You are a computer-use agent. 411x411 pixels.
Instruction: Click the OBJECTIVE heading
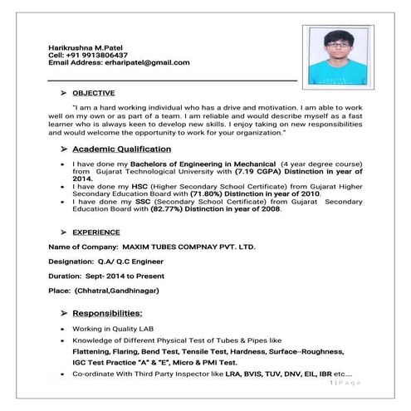93,93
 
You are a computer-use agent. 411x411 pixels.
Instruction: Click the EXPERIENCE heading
95,232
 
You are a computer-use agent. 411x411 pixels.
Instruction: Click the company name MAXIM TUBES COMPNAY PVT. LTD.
188,247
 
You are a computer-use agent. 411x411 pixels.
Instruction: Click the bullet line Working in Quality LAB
109,330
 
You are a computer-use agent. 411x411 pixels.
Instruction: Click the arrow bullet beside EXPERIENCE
63,232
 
